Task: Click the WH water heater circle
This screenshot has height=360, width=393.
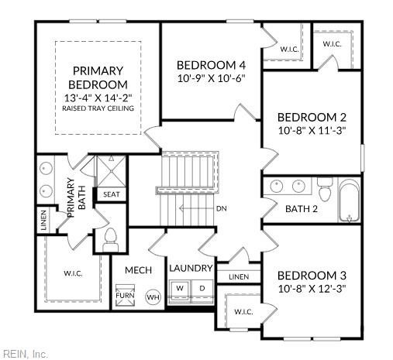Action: (153, 297)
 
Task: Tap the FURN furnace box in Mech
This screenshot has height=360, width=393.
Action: (125, 295)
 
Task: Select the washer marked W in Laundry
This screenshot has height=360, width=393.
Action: (180, 288)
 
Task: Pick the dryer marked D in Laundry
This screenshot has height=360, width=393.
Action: (202, 288)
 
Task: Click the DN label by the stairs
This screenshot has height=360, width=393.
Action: (222, 208)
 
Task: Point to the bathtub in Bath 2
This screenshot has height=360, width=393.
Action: (349, 201)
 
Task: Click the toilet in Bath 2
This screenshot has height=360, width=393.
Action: (325, 189)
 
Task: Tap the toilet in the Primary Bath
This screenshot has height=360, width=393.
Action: (111, 240)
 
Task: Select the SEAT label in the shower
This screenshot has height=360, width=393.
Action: (112, 194)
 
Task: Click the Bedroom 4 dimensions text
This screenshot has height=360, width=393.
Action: (211, 78)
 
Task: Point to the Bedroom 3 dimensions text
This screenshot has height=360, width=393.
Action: (312, 289)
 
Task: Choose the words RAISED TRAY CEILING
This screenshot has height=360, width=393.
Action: (98, 108)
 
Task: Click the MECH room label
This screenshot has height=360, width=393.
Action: (138, 270)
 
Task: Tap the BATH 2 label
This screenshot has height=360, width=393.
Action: (302, 209)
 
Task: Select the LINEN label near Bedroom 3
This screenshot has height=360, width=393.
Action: (239, 277)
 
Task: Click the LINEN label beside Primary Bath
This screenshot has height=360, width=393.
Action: (44, 220)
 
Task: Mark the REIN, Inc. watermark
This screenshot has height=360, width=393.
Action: (24, 354)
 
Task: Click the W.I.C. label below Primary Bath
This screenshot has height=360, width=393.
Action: (73, 273)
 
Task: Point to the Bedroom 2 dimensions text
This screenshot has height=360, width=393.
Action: (312, 130)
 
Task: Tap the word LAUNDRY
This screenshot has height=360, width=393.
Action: (191, 268)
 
